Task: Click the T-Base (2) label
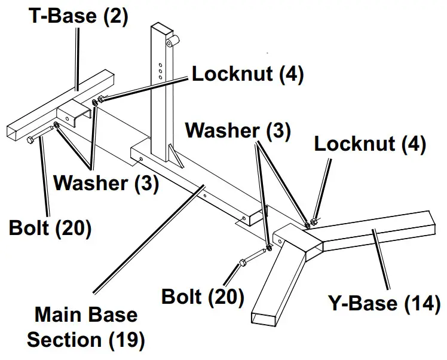79,16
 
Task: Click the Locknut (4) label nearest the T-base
247,74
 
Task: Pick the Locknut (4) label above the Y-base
370,144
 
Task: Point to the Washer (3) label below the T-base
106,184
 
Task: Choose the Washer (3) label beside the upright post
237,131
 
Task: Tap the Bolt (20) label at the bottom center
203,296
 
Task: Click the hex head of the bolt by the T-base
30,141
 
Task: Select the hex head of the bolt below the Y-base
242,263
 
